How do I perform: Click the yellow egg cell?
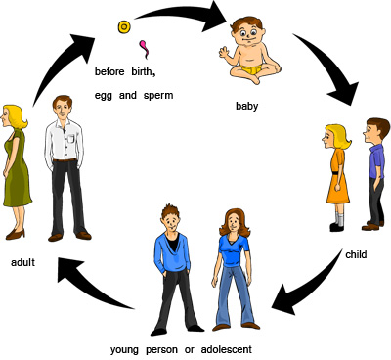pos(124,27)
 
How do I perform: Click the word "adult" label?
pos(23,262)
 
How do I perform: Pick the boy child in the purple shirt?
pos(376,171)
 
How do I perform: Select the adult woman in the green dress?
pos(17,166)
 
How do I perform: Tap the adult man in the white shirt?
pos(64,166)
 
